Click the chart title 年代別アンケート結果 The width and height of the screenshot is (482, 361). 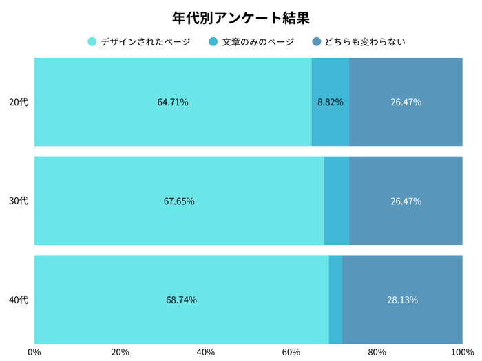tap(241, 17)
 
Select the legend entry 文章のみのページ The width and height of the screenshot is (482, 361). tap(257, 42)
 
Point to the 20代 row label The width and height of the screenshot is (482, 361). tap(19, 102)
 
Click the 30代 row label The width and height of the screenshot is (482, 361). tap(19, 201)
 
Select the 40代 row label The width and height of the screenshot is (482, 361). tap(19, 300)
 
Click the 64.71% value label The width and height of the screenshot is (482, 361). tap(173, 102)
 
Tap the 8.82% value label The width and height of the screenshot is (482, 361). tap(331, 102)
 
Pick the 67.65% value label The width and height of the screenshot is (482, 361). tap(179, 201)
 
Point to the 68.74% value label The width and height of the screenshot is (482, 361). tap(181, 300)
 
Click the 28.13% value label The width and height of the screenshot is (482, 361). tap(402, 300)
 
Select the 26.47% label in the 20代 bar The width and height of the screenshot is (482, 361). tap(406, 102)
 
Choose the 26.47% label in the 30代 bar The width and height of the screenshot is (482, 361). tap(406, 201)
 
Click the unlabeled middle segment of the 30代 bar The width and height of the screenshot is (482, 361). tap(337, 201)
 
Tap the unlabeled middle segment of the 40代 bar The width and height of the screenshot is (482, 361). tap(335, 300)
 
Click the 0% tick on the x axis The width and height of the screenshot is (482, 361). tap(34, 353)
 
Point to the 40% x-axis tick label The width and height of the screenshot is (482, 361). tap(205, 353)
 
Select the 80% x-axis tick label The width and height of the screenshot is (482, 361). tap(377, 353)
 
